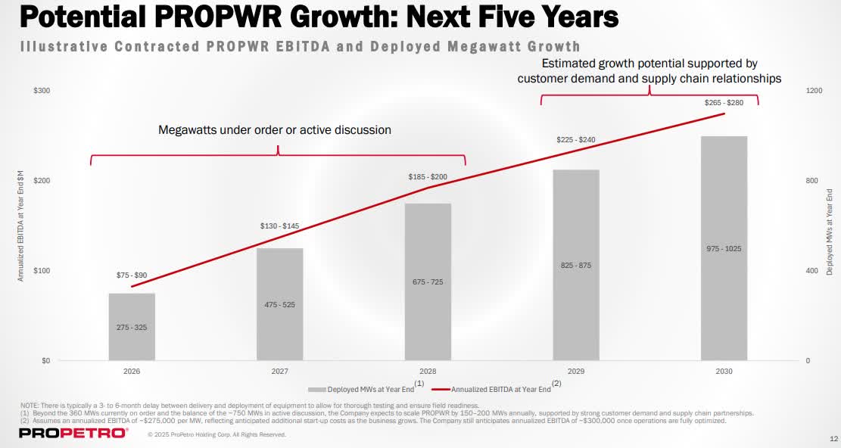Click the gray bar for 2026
pos(132,326)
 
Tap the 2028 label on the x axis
pos(428,372)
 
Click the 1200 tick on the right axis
pos(813,91)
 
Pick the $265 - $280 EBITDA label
pos(724,102)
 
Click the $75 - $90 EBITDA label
pos(132,275)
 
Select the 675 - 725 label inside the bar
pos(428,282)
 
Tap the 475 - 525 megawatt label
pos(279,304)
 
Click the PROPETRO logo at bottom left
pos(73,433)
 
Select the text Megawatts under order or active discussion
pos(274,129)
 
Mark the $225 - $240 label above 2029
pos(576,140)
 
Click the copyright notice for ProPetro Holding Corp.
pos(216,434)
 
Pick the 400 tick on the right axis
pos(811,271)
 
